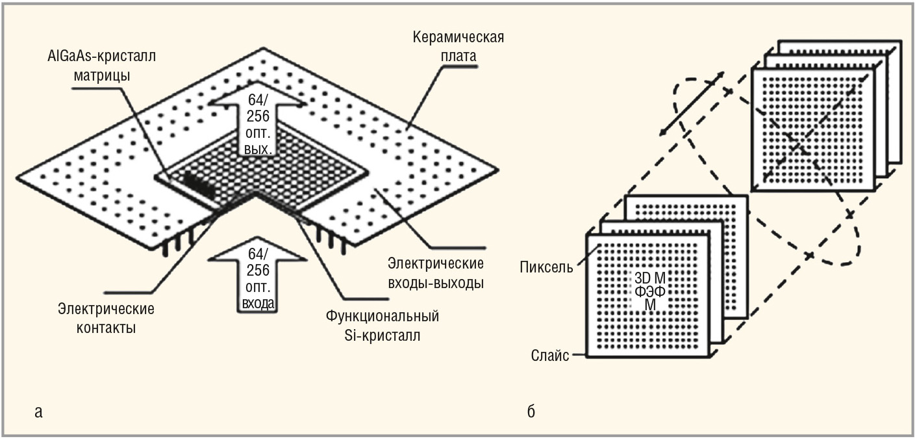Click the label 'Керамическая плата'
point(458,46)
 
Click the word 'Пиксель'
point(546,267)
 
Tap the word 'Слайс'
point(549,355)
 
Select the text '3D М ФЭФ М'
point(650,291)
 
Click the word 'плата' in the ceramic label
point(458,56)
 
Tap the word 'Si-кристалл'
point(382,336)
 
